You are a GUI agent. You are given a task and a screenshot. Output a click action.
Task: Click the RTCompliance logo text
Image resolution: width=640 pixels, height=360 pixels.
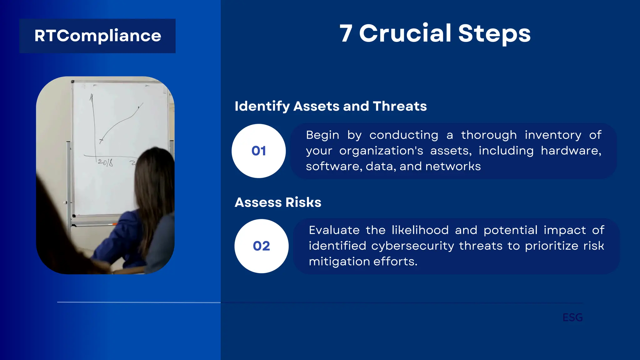[97, 36]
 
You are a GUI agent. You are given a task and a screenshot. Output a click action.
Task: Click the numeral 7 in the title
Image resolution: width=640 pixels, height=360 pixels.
[346, 33]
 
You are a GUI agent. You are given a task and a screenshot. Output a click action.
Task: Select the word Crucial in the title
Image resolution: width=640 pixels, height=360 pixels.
[405, 33]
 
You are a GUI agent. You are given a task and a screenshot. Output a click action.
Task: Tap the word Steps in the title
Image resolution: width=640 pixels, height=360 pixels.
[494, 33]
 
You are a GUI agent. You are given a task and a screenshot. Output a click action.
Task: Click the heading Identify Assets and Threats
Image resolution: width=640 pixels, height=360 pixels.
[331, 106]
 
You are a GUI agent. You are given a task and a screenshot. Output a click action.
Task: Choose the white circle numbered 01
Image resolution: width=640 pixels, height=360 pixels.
[258, 151]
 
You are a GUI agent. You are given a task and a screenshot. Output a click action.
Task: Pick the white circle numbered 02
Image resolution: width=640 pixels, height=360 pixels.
[261, 246]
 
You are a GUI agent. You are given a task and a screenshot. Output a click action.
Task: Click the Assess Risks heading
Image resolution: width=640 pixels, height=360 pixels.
[278, 202]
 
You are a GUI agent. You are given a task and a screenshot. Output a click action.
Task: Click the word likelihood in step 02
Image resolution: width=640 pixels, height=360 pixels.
[420, 230]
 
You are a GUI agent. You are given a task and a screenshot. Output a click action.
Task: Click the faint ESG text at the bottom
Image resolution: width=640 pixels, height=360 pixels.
[572, 317]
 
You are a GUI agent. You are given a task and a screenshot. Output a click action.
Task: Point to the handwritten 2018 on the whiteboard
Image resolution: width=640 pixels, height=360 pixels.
[105, 162]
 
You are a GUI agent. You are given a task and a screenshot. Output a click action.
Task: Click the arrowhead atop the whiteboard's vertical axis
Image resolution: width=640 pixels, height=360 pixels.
[92, 97]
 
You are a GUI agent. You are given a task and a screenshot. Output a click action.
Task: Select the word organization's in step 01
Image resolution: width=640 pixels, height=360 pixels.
[381, 151]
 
